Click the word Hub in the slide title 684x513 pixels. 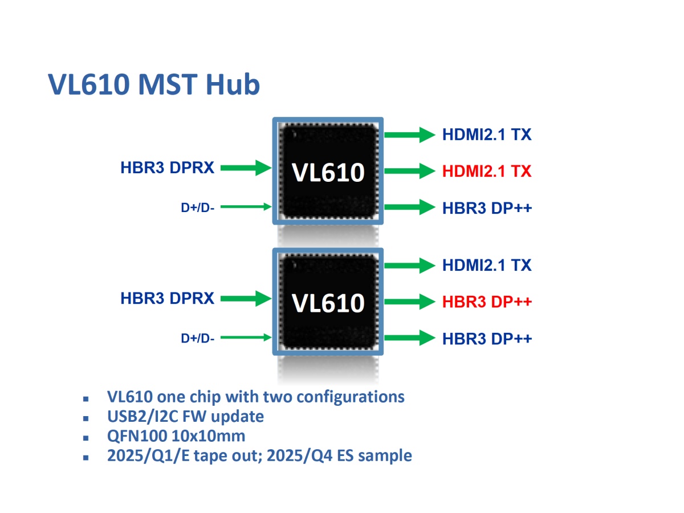233,84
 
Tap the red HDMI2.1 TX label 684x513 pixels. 486,170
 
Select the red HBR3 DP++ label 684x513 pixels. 487,302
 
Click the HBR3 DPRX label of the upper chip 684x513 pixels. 167,168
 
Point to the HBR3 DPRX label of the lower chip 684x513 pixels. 167,298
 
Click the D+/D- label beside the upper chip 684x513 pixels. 198,207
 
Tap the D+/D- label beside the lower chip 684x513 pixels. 198,338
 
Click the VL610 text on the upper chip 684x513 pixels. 328,172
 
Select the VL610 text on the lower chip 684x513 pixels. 328,303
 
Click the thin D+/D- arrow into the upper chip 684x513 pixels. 246,206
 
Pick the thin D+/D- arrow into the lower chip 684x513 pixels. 246,337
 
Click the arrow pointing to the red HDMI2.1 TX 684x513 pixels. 409,170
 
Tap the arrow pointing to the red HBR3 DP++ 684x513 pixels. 409,302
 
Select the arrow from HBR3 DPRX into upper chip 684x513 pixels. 246,168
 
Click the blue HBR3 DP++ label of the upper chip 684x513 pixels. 487,207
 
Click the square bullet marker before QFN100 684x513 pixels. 86,438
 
